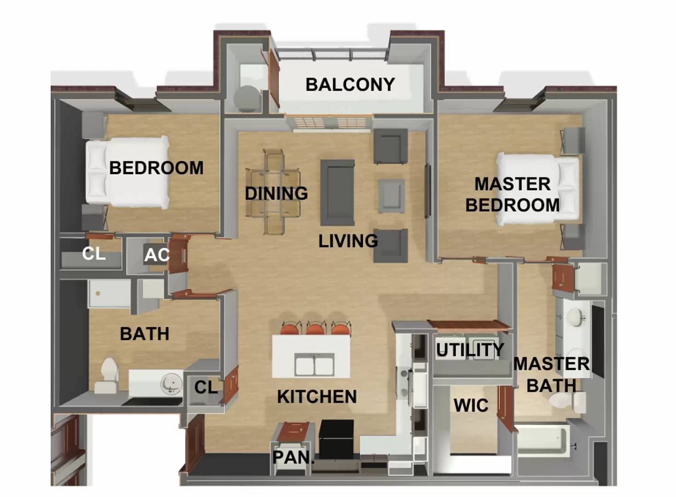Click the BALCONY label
coord(350,84)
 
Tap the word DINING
coord(276,193)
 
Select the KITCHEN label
coord(317,396)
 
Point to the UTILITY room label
coord(470,350)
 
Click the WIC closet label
coord(471,405)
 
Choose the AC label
coord(157,255)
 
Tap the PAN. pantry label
coord(293,457)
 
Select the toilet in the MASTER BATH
coord(567,402)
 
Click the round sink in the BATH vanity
coord(172,383)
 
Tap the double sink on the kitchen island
coord(315,364)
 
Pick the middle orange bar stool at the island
coord(316,328)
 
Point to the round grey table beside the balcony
coord(246,99)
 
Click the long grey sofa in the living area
coord(338,193)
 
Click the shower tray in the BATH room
coord(109,294)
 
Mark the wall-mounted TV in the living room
coord(427,191)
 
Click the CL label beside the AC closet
coord(94,254)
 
